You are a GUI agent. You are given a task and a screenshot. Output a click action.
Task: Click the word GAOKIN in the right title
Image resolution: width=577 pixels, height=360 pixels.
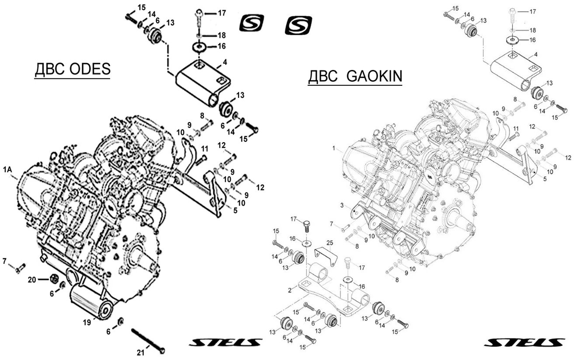tap(374, 77)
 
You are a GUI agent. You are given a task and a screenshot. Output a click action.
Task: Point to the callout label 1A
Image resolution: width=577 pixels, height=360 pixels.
tap(8, 169)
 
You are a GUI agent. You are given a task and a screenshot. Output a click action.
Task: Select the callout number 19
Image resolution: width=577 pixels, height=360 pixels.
tap(87, 322)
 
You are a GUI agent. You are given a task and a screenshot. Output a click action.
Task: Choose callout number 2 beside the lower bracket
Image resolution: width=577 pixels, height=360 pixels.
tap(290, 290)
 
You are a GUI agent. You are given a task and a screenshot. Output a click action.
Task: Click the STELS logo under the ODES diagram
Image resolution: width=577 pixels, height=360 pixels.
tap(225, 342)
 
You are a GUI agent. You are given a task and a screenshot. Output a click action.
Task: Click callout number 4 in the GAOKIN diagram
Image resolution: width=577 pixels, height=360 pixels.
tap(535, 56)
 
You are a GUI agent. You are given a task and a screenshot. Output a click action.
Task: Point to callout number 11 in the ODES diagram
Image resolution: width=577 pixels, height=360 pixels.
tap(204, 150)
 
